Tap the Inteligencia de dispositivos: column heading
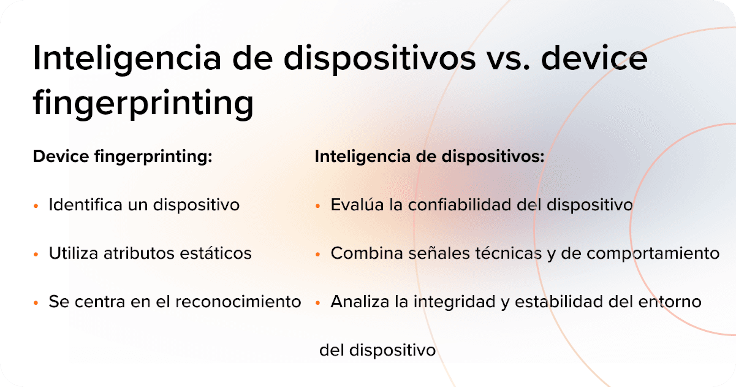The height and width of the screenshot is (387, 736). click(x=429, y=157)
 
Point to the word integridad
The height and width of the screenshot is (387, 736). click(x=455, y=302)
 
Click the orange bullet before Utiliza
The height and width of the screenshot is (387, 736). click(x=36, y=254)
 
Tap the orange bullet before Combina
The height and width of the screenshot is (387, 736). click(x=317, y=254)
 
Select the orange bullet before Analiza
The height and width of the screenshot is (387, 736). click(x=317, y=303)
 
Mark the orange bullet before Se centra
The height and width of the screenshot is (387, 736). click(x=36, y=303)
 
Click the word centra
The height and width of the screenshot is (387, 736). click(x=100, y=302)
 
